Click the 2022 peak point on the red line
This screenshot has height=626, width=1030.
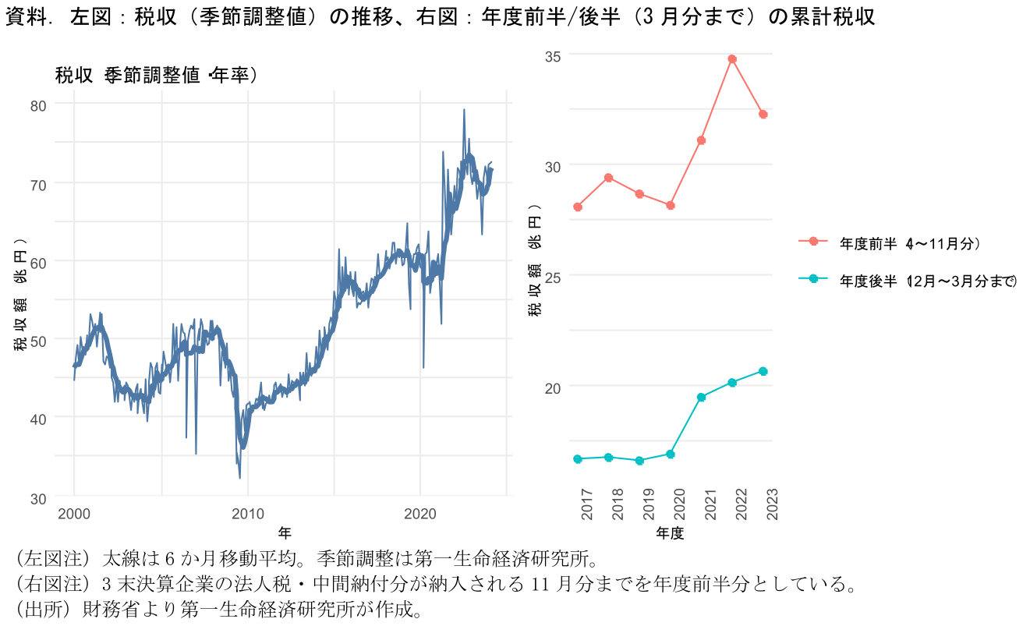732,59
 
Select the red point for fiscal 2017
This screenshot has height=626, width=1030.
578,207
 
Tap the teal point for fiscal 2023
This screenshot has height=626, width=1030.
763,371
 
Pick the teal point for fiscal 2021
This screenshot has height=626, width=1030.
701,398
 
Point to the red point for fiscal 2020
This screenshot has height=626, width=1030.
671,205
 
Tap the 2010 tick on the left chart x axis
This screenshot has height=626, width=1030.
248,515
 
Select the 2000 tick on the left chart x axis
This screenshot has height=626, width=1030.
74,515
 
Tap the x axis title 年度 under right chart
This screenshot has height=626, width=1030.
670,534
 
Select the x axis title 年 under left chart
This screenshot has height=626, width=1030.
285,534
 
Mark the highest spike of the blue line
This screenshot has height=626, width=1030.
464,110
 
